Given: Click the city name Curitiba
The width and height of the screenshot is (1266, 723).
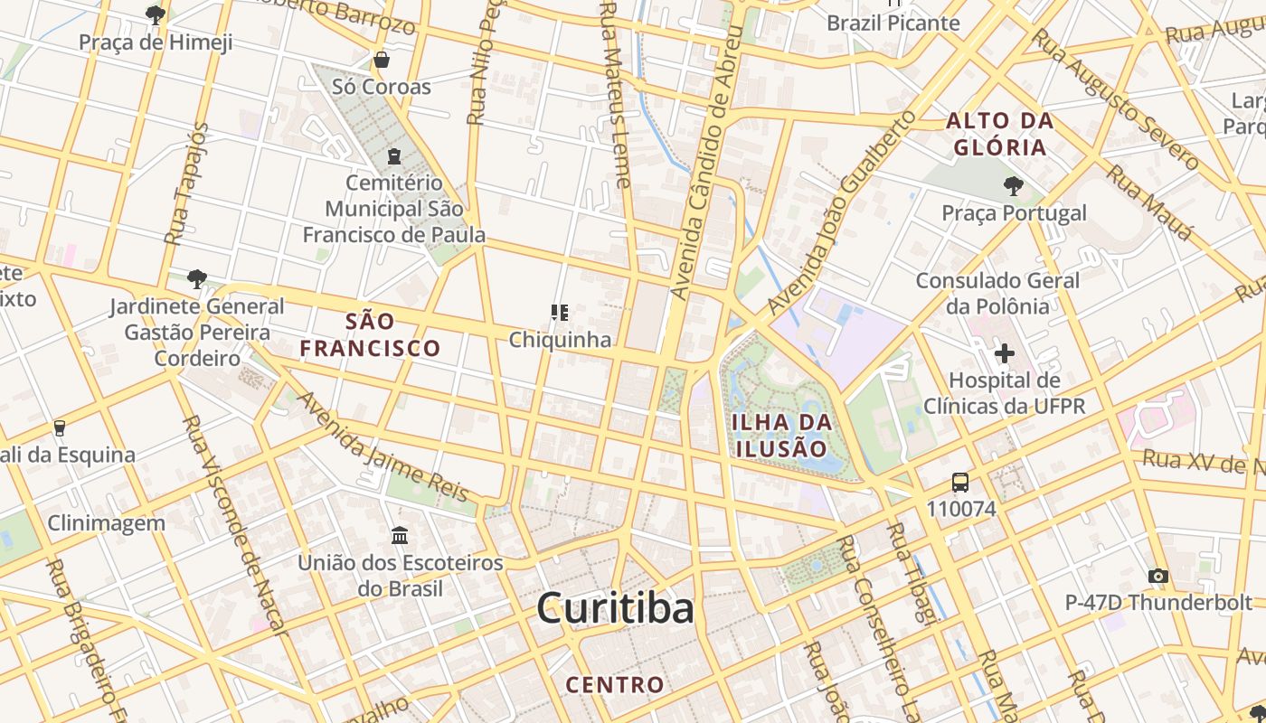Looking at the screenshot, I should click(615, 608).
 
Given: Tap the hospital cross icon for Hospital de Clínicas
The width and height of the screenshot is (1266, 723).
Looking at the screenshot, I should click(1004, 352).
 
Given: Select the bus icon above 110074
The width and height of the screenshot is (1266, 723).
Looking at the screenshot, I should click(960, 483).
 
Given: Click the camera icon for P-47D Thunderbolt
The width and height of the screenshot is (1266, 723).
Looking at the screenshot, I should click(1157, 576).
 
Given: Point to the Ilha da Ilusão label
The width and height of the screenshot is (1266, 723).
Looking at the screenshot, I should click(779, 436).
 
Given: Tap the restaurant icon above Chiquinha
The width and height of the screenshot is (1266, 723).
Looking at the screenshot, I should click(560, 313).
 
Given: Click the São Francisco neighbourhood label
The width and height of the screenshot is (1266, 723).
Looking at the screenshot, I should click(371, 334).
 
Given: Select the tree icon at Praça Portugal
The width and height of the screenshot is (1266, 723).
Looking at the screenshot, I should click(1013, 186).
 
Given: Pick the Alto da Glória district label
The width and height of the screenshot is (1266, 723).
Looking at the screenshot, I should click(999, 134).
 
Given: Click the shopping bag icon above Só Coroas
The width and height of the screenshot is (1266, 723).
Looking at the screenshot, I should click(382, 61).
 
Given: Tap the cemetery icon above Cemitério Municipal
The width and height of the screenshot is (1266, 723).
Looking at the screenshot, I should click(393, 156).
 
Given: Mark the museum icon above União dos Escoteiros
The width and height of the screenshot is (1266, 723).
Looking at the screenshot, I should click(400, 536).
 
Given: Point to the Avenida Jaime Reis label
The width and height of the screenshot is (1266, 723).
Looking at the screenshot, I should click(383, 447).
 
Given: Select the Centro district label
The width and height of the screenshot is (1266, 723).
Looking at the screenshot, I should click(615, 685).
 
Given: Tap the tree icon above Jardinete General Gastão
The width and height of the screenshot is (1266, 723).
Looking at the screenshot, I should click(196, 278).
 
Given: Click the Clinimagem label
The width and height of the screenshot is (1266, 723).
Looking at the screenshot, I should click(106, 522).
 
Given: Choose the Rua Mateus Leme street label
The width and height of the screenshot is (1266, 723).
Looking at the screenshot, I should click(615, 95).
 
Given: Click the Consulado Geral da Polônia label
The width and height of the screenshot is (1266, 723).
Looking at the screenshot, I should click(997, 293).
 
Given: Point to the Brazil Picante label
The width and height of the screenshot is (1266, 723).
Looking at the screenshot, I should click(893, 23).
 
